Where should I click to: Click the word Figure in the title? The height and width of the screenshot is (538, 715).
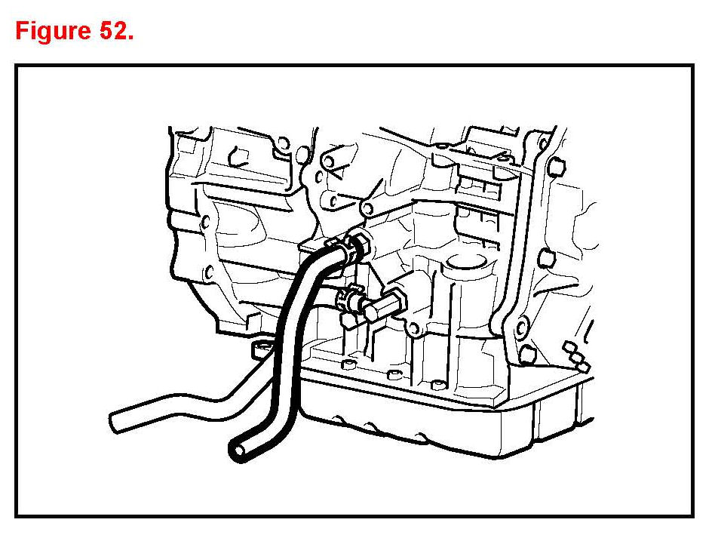click(x=52, y=31)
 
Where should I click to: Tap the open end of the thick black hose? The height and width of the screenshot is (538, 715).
click(x=237, y=450)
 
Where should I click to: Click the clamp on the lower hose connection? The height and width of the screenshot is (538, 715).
click(x=346, y=300)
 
